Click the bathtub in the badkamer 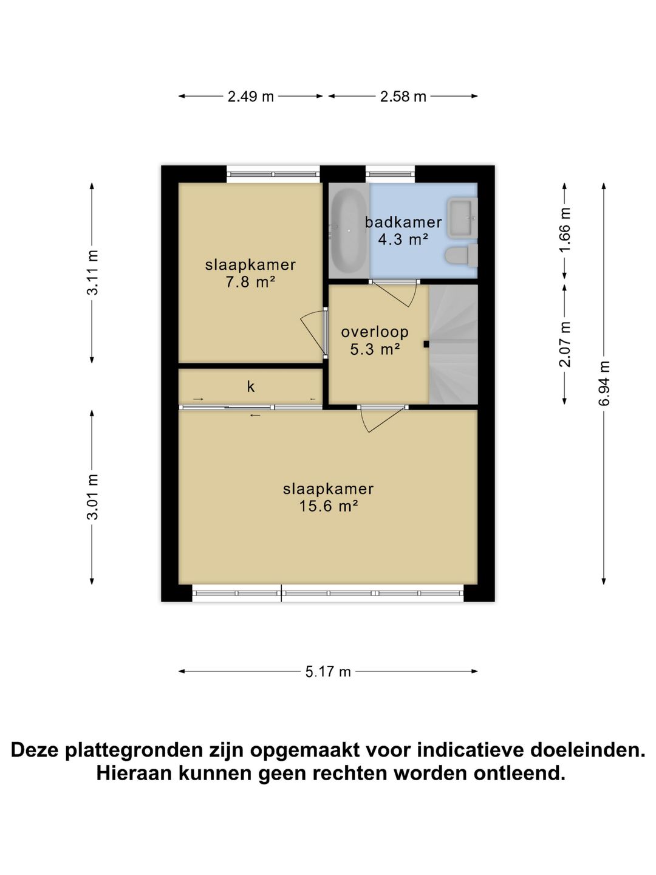[x=348, y=231]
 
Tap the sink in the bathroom [x=462, y=218]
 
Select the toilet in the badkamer [x=461, y=255]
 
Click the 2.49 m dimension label [x=250, y=96]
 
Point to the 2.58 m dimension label [x=403, y=96]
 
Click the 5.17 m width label [x=328, y=671]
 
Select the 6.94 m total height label [x=604, y=383]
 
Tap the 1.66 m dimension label [x=564, y=230]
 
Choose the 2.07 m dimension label [x=564, y=345]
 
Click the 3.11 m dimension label [x=92, y=273]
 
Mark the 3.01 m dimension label [x=92, y=497]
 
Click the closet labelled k [x=250, y=386]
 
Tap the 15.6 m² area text [x=328, y=506]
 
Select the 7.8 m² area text [x=250, y=282]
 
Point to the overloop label [x=375, y=332]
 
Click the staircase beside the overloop [x=454, y=344]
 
